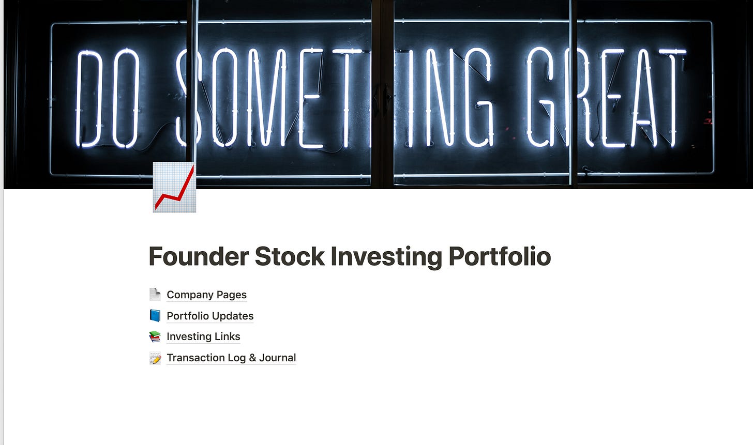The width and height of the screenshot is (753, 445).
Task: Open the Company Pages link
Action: point(206,295)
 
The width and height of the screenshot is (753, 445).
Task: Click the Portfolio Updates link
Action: point(210,316)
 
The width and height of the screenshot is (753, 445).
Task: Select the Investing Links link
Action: point(203,336)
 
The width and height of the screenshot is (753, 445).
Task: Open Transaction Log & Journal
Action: point(231,357)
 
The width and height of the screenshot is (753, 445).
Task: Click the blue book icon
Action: point(155,316)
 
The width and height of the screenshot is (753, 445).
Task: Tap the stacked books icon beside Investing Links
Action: point(155,336)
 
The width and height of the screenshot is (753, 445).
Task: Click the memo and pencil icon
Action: point(155,358)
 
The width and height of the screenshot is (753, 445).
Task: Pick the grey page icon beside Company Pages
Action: point(155,294)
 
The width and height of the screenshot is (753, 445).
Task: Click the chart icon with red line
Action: point(174,187)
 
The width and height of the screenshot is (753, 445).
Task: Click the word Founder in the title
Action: point(199,256)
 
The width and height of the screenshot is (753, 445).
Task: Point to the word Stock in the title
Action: point(290,256)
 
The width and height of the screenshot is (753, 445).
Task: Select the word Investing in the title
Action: point(386,257)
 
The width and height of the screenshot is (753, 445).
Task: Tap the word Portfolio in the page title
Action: point(500,256)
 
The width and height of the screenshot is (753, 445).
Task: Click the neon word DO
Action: point(108,98)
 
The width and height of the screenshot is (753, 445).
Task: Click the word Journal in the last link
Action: point(277,357)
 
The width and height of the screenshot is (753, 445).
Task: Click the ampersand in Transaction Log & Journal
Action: point(252,358)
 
